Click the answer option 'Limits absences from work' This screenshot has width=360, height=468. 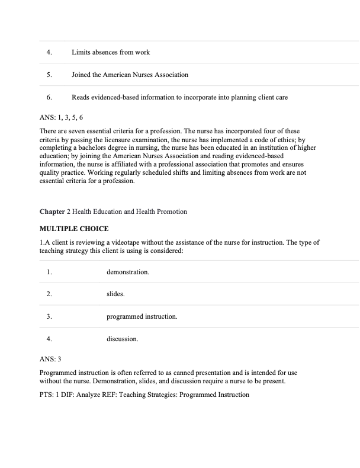click(110, 52)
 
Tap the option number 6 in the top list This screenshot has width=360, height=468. click(49, 97)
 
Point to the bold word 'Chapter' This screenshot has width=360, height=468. click(52, 211)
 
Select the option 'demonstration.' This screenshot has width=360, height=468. click(127, 272)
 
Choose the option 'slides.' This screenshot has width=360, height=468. click(115, 294)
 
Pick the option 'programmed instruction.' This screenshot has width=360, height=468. click(142, 317)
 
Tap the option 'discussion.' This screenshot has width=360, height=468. click(122, 339)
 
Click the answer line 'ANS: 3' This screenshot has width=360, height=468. click(53, 360)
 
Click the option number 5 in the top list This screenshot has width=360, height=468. click(49, 75)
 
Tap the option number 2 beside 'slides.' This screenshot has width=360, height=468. click(49, 294)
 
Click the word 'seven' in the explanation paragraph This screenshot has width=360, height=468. click(79, 131)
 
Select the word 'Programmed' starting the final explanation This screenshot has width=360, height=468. click(59, 374)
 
